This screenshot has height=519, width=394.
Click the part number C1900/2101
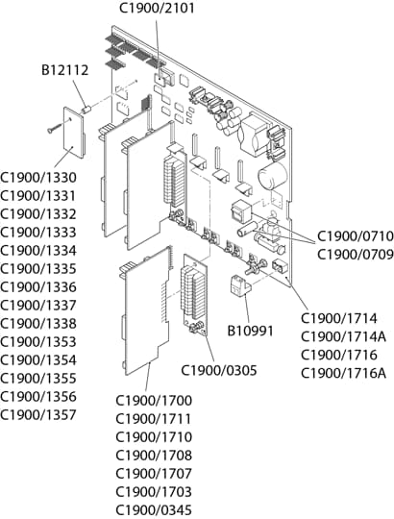[x=157, y=8]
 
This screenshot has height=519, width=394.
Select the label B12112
[x=64, y=70]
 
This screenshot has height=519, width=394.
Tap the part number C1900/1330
[x=38, y=178]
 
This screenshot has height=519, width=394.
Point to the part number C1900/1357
[x=38, y=414]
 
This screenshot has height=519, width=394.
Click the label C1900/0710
[x=356, y=236]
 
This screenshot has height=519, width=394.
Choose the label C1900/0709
[x=356, y=255]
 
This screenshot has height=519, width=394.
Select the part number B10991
[x=251, y=331]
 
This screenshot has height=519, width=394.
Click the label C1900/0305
[x=219, y=370]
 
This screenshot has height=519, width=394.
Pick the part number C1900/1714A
[x=343, y=336]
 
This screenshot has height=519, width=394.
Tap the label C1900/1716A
[x=343, y=373]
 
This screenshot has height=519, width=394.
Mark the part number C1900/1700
[x=154, y=401]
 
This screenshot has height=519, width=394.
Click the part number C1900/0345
[x=154, y=509]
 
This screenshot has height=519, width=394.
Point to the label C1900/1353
[x=38, y=341]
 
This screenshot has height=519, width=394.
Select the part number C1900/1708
[x=154, y=456]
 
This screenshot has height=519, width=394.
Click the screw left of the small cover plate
[x=55, y=128]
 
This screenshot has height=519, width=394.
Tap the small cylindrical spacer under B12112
[x=86, y=109]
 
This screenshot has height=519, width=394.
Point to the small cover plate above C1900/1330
[x=74, y=132]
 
